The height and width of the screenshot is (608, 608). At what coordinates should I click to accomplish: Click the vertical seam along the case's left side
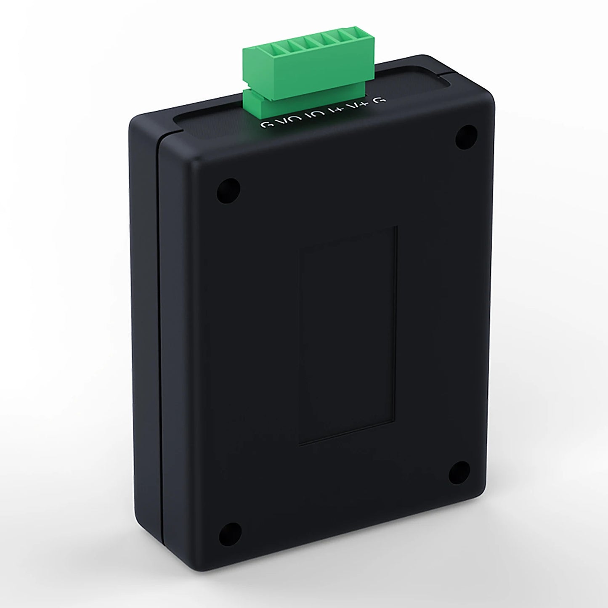pyautogui.click(x=159, y=337)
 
